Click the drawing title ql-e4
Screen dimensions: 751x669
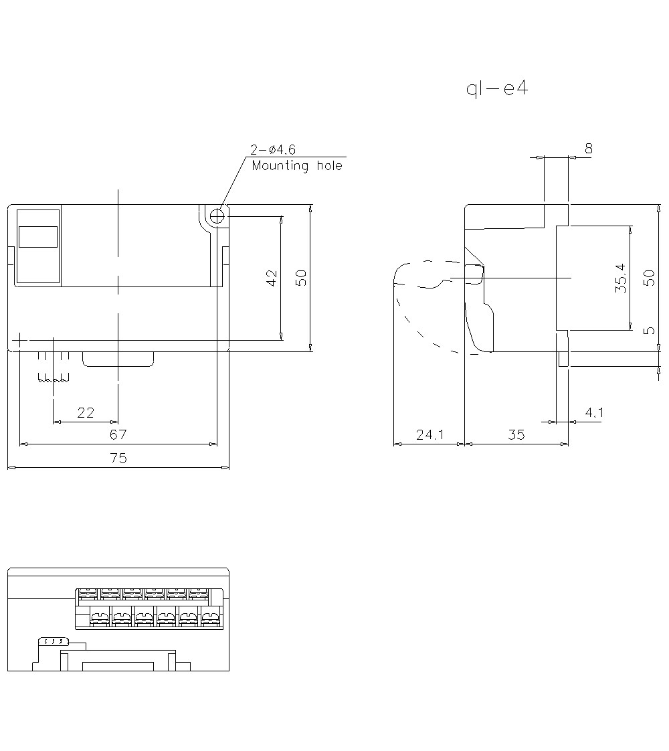(x=496, y=89)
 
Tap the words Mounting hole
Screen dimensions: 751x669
(x=296, y=165)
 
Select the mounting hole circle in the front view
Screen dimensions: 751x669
(x=217, y=216)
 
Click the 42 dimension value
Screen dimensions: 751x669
(x=272, y=278)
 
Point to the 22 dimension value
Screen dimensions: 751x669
(x=86, y=412)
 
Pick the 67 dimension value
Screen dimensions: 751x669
(x=118, y=434)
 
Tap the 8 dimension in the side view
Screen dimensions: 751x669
(x=589, y=149)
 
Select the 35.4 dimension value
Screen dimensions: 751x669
(x=620, y=278)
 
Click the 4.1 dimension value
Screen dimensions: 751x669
(x=593, y=412)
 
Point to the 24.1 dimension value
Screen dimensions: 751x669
(x=430, y=434)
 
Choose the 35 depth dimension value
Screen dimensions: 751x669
(x=516, y=434)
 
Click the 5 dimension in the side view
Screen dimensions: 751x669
(x=648, y=331)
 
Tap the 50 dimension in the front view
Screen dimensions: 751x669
(x=302, y=278)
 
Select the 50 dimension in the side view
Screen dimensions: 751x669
(x=648, y=278)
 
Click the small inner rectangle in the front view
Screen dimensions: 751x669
(x=38, y=238)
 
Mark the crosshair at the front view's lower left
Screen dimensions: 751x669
(x=21, y=341)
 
